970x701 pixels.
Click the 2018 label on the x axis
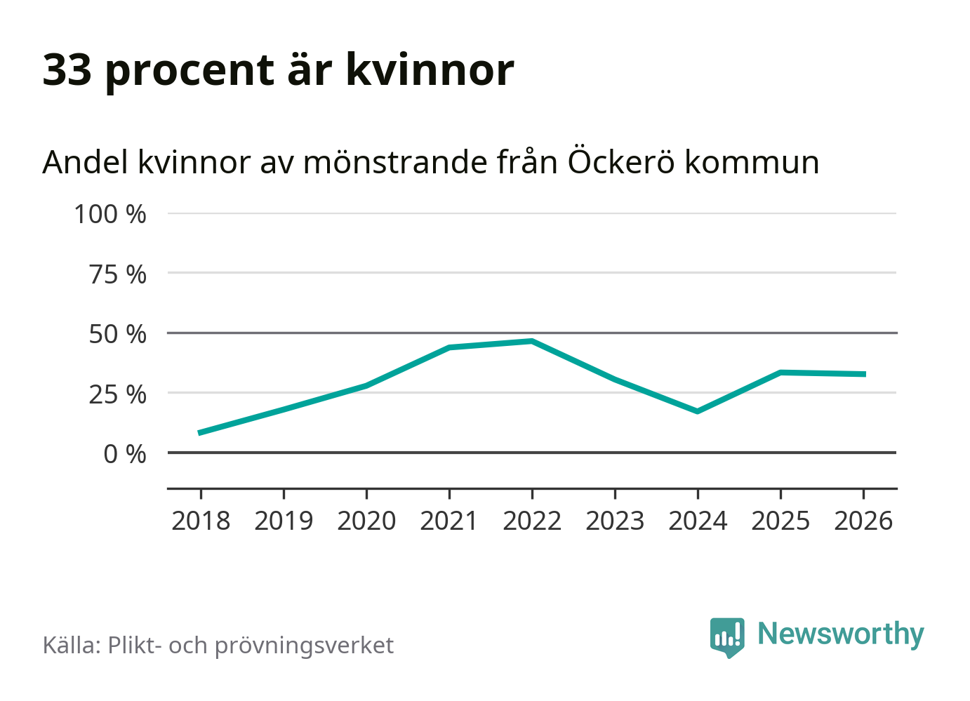pyautogui.click(x=201, y=521)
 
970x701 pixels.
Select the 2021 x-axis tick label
pyautogui.click(x=449, y=521)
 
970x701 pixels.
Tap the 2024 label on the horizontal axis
pyautogui.click(x=698, y=521)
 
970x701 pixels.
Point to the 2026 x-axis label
pyautogui.click(x=863, y=521)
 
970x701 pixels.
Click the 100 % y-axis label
pyautogui.click(x=110, y=214)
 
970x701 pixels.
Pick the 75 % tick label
pyautogui.click(x=118, y=274)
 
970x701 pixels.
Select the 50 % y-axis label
pyautogui.click(x=118, y=334)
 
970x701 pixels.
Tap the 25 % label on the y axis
pyautogui.click(x=118, y=394)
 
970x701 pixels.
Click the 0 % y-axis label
pyautogui.click(x=125, y=454)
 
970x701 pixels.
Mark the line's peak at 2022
pyautogui.click(x=532, y=342)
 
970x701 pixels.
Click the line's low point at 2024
pyautogui.click(x=698, y=411)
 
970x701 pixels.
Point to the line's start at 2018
pyautogui.click(x=201, y=433)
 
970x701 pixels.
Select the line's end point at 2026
pyautogui.click(x=863, y=374)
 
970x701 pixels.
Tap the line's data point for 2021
pyautogui.click(x=449, y=347)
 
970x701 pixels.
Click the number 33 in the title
pyautogui.click(x=67, y=70)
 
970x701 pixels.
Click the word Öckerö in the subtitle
pyautogui.click(x=621, y=162)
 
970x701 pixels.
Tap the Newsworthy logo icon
pyautogui.click(x=727, y=636)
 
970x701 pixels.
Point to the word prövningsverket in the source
pyautogui.click(x=304, y=646)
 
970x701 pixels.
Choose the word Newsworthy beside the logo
pyautogui.click(x=841, y=634)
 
